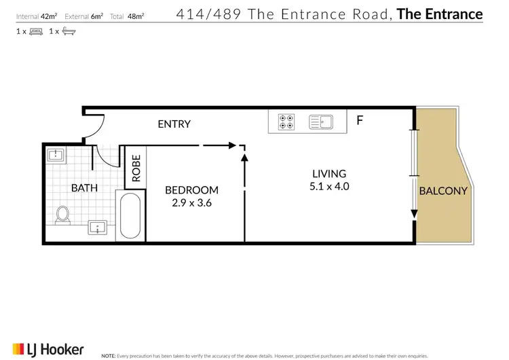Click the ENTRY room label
pos(174,124)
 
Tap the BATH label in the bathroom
pos(85,188)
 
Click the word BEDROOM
pos(192,190)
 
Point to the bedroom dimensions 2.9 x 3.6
pos(192,202)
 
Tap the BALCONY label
pos(443,191)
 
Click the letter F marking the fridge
pos(360,122)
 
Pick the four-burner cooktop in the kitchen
pos(286,122)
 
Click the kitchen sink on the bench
pos(320,122)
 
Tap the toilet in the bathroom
pos(62,215)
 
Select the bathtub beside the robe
pos(130,216)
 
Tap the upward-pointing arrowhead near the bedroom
pos(244,157)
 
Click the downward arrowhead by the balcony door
pos(413,216)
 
